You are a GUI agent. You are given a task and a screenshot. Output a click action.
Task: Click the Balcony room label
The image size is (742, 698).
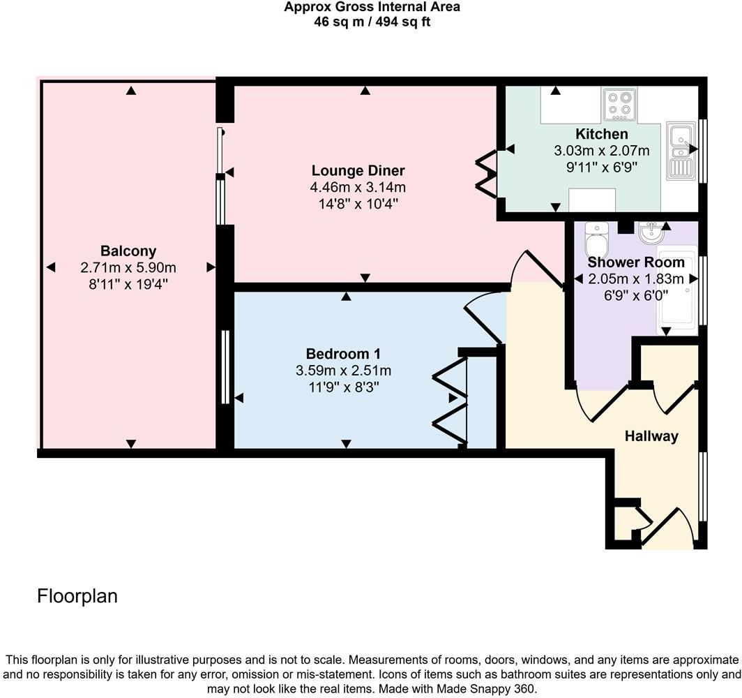point(128,251)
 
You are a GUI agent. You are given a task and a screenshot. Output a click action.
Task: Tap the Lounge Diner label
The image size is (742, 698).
point(358,170)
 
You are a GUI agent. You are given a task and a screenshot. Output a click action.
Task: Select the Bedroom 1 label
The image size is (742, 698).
point(343,353)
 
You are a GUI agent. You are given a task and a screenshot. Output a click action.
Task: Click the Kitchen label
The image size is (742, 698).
point(601,134)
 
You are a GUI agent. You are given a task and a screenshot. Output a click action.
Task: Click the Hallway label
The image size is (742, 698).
point(651,436)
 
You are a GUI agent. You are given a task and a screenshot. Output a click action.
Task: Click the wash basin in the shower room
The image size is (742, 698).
point(651,231)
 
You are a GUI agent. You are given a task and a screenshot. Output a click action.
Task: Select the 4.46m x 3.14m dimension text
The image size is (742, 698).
point(358,187)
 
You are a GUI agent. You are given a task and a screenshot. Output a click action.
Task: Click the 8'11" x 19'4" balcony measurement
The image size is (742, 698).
point(128,283)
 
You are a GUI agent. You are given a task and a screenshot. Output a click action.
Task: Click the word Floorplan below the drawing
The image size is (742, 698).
point(77,596)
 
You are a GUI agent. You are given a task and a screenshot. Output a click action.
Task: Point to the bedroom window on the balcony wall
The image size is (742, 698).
point(225,367)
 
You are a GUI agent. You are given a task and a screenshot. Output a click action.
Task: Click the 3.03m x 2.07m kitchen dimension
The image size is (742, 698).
point(601,150)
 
